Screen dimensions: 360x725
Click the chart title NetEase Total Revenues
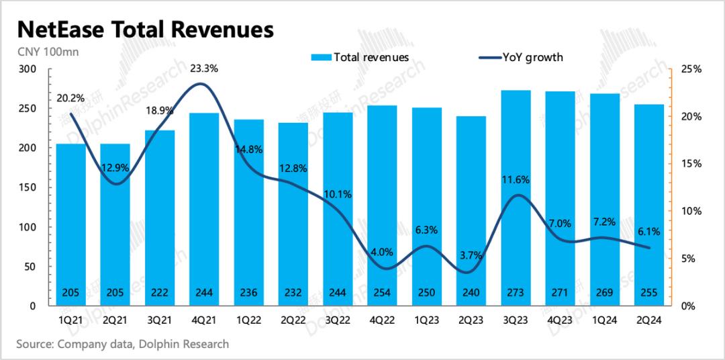tap(145, 30)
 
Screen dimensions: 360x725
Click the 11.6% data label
tap(516, 179)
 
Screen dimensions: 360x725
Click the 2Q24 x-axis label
tap(648, 321)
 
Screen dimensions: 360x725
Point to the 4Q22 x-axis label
tap(382, 321)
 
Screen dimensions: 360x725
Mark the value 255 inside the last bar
tap(648, 293)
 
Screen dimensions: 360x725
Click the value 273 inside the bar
tap(516, 293)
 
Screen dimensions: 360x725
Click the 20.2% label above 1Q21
tap(71, 98)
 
